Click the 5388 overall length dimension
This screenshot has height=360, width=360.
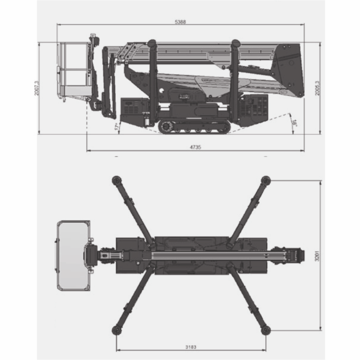(180, 22)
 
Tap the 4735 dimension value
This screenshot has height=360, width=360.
(195, 147)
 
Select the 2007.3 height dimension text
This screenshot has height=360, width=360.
(37, 88)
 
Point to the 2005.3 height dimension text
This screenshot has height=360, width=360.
(317, 88)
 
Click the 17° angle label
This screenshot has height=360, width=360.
(117, 127)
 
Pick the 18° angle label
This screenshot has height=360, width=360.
(295, 123)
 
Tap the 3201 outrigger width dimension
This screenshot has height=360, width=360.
(317, 256)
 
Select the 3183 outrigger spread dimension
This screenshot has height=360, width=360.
(191, 347)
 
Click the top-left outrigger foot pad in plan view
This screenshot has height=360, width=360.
(117, 180)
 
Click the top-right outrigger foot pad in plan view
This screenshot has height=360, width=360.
(266, 180)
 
